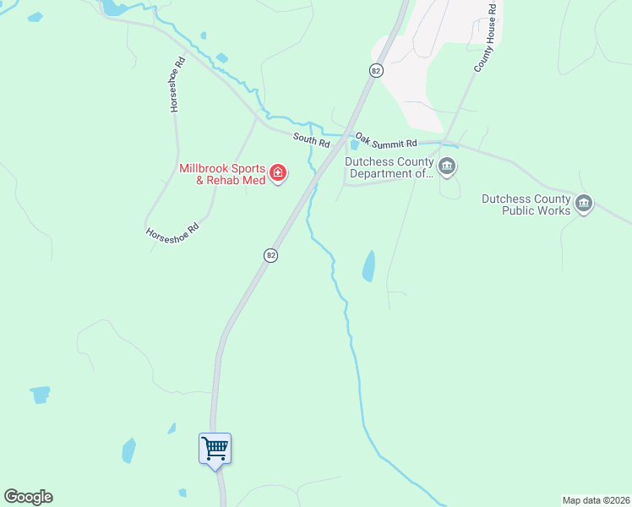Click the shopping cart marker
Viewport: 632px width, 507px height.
(215, 448)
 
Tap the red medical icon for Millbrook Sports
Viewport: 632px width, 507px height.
(278, 174)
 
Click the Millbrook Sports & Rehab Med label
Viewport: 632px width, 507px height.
(222, 173)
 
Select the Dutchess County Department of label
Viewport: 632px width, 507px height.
(389, 168)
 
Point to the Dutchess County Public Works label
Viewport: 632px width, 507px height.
(526, 204)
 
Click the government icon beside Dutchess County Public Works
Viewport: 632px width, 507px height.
(584, 204)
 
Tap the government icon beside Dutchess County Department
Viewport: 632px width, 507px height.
(447, 166)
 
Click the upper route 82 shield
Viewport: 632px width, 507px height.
(376, 71)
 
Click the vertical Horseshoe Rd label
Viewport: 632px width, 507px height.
(176, 84)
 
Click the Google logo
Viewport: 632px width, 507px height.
(28, 497)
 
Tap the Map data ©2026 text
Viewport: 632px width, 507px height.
(595, 499)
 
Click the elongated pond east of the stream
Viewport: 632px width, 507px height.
(369, 266)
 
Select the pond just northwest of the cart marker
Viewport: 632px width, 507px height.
(128, 450)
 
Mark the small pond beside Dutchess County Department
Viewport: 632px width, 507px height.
(354, 144)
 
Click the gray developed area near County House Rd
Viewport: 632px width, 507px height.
(448, 51)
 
